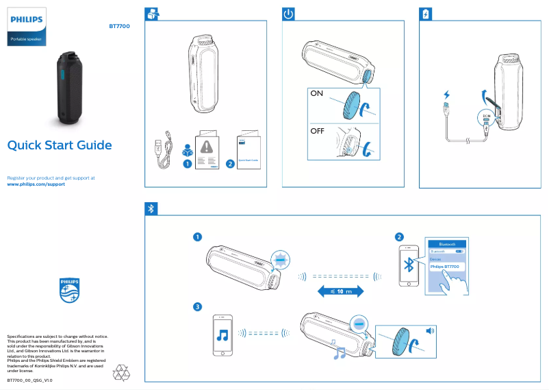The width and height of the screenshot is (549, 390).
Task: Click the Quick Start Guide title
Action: (x=59, y=145)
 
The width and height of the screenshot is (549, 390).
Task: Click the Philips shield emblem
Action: (x=69, y=290)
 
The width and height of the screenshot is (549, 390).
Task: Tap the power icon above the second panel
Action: (x=289, y=14)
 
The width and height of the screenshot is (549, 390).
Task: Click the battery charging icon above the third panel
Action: (x=425, y=14)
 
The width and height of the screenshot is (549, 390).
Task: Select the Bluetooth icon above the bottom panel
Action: (x=152, y=208)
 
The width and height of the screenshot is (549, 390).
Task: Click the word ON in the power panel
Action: (x=318, y=95)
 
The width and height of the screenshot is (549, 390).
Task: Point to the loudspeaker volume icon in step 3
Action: (x=430, y=331)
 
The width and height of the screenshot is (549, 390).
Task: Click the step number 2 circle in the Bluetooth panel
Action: (x=398, y=237)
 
